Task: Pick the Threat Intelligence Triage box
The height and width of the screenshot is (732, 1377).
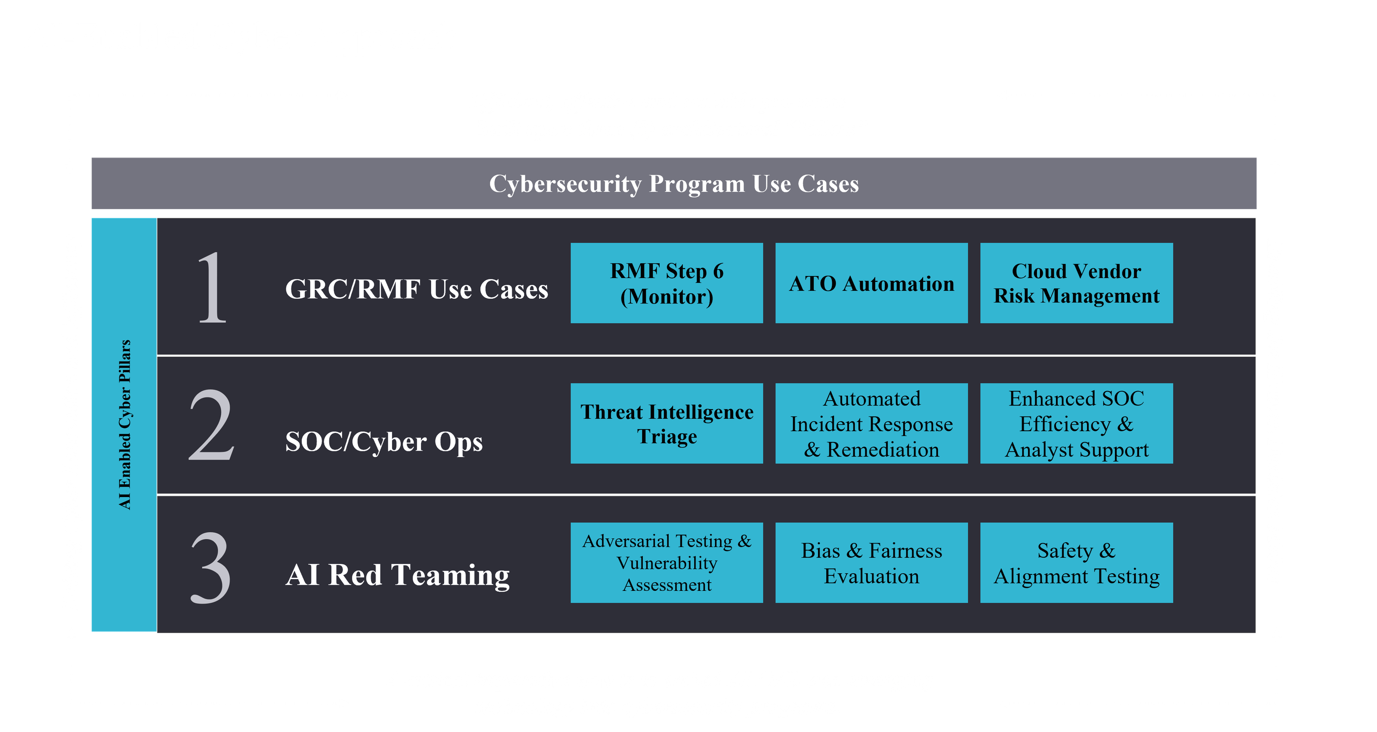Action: pyautogui.click(x=667, y=423)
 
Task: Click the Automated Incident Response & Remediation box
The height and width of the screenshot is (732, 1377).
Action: pyautogui.click(x=871, y=423)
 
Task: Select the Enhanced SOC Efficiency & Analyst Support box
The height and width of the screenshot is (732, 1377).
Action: pyautogui.click(x=1076, y=423)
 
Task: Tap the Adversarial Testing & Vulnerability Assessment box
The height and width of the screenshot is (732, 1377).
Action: pyautogui.click(x=667, y=562)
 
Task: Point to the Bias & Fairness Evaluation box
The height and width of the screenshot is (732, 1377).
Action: pyautogui.click(x=871, y=562)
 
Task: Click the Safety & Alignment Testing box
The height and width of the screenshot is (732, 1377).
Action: pyautogui.click(x=1076, y=562)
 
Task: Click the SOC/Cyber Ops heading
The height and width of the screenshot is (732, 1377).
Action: pyautogui.click(x=383, y=442)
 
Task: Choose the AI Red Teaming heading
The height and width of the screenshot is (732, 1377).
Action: pyautogui.click(x=397, y=575)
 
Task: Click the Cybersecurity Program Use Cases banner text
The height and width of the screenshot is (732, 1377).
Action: pyautogui.click(x=673, y=183)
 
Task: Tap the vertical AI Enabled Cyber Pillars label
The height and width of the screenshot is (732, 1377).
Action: pyautogui.click(x=124, y=424)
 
